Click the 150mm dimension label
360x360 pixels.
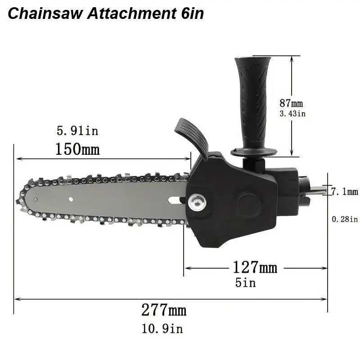[77, 148]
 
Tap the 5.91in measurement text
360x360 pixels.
[77, 131]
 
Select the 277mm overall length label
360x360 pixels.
[164, 310]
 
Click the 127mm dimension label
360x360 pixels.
[255, 268]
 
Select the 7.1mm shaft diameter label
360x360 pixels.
[344, 192]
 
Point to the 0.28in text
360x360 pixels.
[345, 219]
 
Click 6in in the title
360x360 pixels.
[189, 13]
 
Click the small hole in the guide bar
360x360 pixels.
[71, 198]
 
